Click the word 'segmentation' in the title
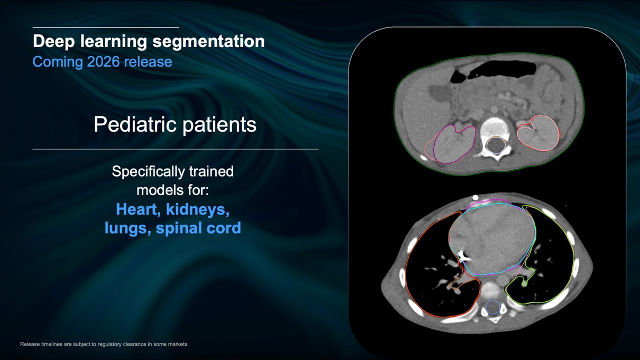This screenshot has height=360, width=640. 208,42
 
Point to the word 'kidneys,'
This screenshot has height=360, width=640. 198,210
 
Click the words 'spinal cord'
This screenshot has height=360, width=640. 198,228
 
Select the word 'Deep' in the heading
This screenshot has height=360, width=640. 54,41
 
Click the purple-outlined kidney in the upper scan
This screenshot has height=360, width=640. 454,144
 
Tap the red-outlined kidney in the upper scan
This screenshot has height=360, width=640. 538,133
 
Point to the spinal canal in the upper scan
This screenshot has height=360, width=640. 496,145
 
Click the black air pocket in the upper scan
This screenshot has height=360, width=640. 502,70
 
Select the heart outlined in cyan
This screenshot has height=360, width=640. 492,239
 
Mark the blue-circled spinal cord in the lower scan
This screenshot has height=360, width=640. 493,307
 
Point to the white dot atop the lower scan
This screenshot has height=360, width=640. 476,198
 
